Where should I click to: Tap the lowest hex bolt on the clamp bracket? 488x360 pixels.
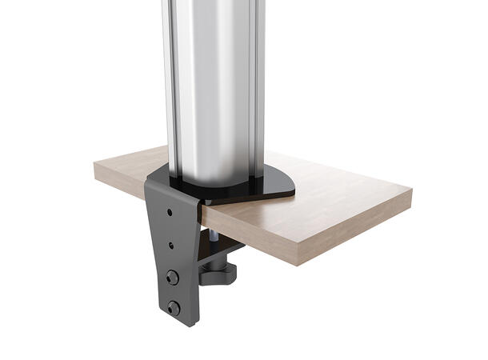click(x=174, y=309)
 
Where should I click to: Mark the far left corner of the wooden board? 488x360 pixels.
click(x=95, y=162)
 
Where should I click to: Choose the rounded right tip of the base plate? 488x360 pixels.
click(x=291, y=189)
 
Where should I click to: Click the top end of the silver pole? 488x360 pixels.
click(x=212, y=4)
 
